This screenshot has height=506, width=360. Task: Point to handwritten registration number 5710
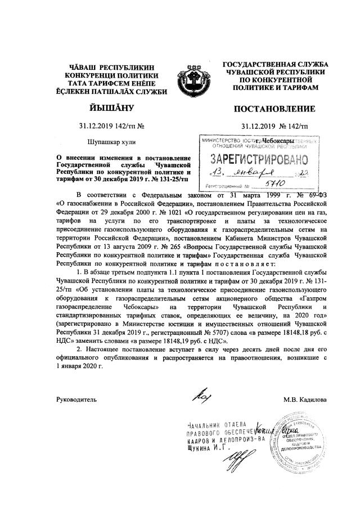click(x=278, y=183)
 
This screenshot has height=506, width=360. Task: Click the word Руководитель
click(x=77, y=399)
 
